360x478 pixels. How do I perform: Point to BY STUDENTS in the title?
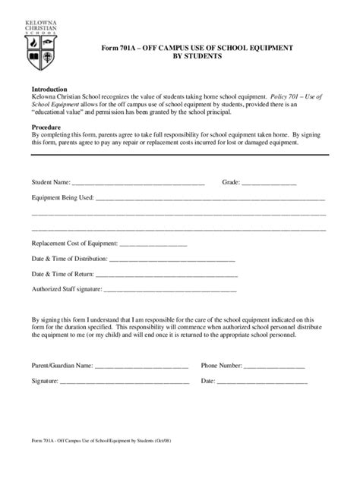coord(197,57)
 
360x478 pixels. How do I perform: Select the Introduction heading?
coord(49,89)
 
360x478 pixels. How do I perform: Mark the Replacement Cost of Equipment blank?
coord(153,245)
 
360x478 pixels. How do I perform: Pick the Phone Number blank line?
coord(275,366)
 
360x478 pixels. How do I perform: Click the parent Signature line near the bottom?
coord(125,382)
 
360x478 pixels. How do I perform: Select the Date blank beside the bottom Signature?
coord(262,382)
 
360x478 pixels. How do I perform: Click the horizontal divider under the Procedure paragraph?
coord(179,155)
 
